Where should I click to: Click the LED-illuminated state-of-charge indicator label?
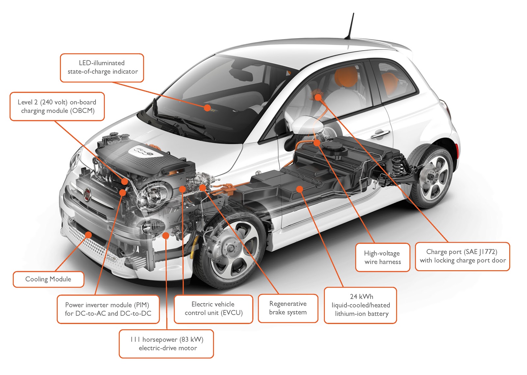102,68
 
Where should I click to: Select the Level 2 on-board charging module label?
57,106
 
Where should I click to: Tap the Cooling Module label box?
48,279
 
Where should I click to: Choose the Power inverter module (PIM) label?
108,309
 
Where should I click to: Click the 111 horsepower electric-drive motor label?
166,344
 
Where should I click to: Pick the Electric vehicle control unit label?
213,308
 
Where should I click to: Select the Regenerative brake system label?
288,308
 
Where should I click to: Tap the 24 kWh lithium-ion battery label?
361,305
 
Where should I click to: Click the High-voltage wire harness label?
382,257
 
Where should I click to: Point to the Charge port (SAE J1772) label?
462,256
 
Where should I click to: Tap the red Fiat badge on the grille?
87,195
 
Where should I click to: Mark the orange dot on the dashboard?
207,107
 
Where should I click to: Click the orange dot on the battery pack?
299,189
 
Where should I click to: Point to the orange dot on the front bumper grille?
89,235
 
